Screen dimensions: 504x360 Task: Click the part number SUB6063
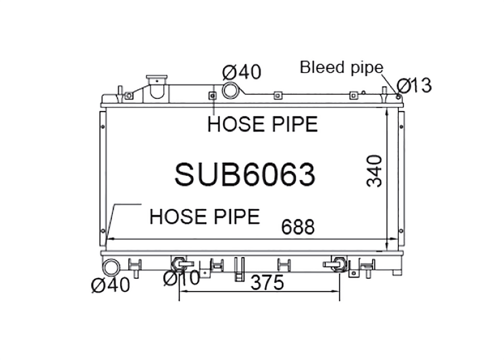pyautogui.click(x=245, y=175)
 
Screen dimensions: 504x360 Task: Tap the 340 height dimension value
pyautogui.click(x=374, y=171)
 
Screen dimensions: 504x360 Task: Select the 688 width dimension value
pyautogui.click(x=298, y=227)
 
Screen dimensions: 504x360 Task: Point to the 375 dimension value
pyautogui.click(x=267, y=283)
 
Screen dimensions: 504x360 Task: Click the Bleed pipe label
pyautogui.click(x=341, y=67)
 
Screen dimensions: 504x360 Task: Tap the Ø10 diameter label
pyautogui.click(x=182, y=278)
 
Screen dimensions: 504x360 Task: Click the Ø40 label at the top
pyautogui.click(x=242, y=72)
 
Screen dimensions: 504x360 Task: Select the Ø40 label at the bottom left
pyautogui.click(x=111, y=285)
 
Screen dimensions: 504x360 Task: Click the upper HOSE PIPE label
pyautogui.click(x=262, y=124)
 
